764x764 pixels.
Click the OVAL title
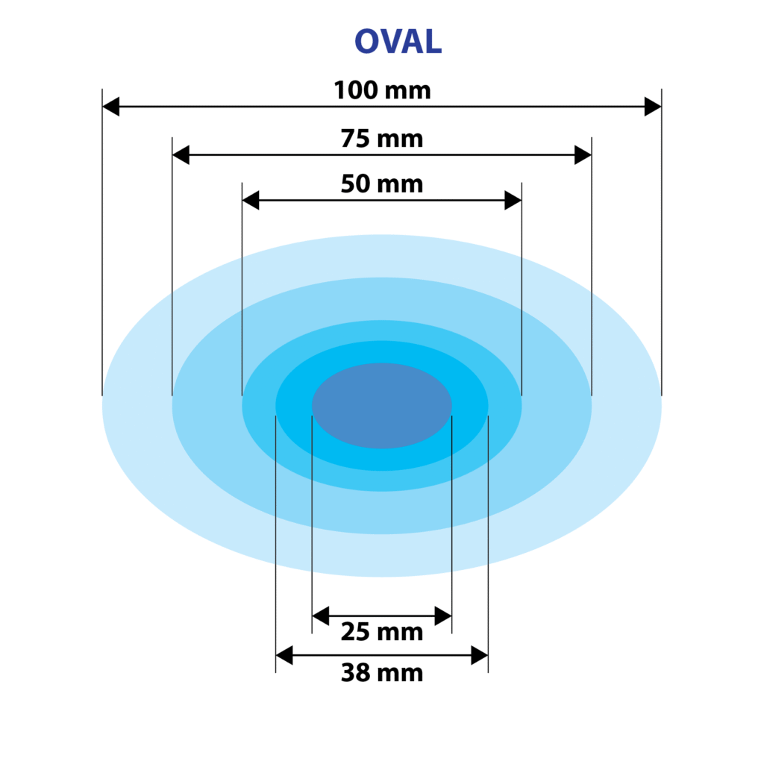click(398, 41)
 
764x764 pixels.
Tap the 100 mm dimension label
click(383, 90)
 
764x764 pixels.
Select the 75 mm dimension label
click(382, 138)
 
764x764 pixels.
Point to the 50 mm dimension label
click(382, 184)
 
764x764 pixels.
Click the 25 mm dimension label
click(382, 631)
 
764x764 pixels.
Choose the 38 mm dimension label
click(382, 672)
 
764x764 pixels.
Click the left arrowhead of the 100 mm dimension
click(111, 107)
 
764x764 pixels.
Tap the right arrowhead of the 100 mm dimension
click(653, 107)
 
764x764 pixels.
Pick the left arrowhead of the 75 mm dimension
click(181, 155)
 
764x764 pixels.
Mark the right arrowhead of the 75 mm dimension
click(583, 155)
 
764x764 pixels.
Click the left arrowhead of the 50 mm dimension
click(251, 200)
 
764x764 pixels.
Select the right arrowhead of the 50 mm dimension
click(513, 200)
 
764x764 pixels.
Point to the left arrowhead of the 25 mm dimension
click(321, 616)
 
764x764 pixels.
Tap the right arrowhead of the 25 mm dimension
click(443, 616)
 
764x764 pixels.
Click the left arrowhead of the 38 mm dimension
click(284, 655)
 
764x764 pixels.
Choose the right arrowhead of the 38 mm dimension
click(480, 655)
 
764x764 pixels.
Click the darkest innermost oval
click(382, 405)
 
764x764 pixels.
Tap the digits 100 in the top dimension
click(356, 90)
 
